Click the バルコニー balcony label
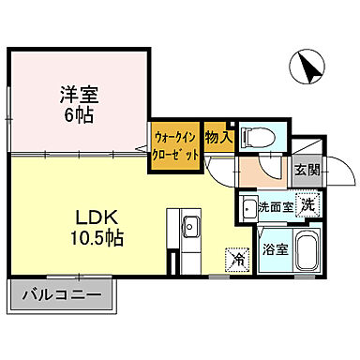(62, 298)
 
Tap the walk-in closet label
(174, 144)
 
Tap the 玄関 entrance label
(307, 170)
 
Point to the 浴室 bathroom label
(275, 250)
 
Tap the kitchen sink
(189, 225)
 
